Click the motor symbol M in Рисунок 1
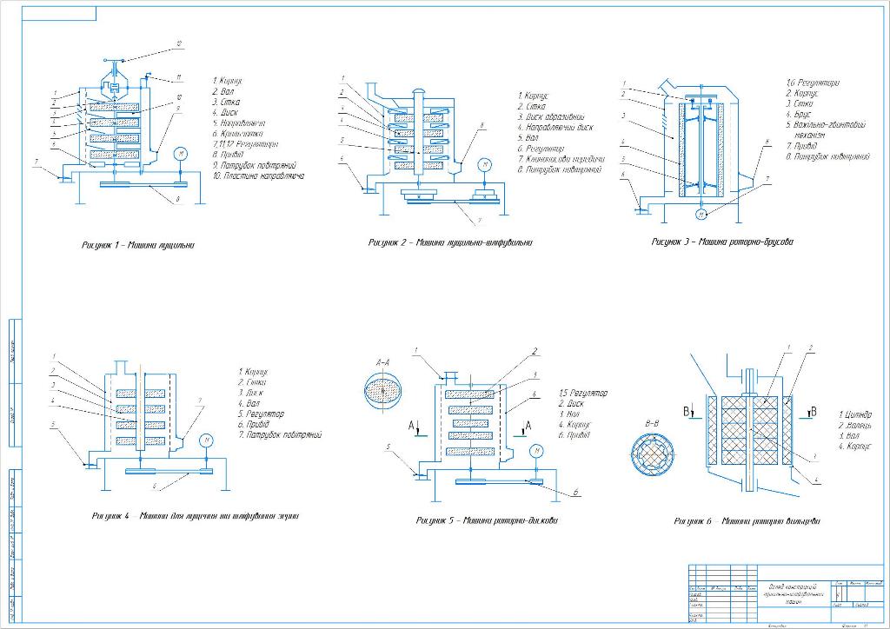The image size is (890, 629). pyautogui.click(x=181, y=153)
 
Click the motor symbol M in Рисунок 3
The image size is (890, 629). pyautogui.click(x=701, y=214)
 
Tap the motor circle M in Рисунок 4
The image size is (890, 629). pyautogui.click(x=207, y=440)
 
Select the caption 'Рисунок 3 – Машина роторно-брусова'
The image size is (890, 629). pyautogui.click(x=722, y=242)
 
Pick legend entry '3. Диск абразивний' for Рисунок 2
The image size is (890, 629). pyautogui.click(x=551, y=116)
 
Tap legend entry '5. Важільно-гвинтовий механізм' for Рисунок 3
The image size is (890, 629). pyautogui.click(x=826, y=130)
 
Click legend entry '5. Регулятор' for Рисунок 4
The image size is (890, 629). pyautogui.click(x=266, y=414)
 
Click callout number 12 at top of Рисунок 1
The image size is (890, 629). pyautogui.click(x=178, y=43)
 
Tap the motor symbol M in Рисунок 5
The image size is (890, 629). pyautogui.click(x=537, y=450)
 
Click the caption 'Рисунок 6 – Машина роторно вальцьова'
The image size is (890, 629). pyautogui.click(x=747, y=521)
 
